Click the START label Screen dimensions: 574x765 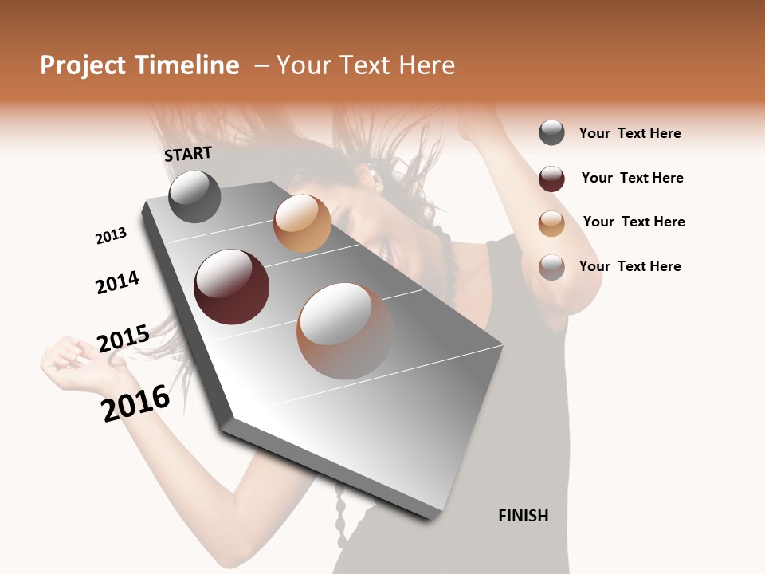tap(188, 154)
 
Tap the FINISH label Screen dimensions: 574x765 tap(523, 516)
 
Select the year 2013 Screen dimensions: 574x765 tap(111, 236)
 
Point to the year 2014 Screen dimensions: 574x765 tap(117, 283)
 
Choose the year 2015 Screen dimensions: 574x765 tap(123, 339)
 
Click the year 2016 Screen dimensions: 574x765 tap(135, 403)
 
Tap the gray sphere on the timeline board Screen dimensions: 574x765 tap(194, 196)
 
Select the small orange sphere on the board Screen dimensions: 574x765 tap(302, 223)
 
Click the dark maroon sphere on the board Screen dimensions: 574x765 tap(231, 287)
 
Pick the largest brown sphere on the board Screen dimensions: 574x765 tap(345, 331)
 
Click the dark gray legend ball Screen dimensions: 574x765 tap(551, 132)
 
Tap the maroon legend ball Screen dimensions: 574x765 tap(551, 179)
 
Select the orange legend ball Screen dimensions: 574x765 tap(551, 223)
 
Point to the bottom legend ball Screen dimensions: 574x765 tap(551, 267)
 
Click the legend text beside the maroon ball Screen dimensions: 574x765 tap(632, 178)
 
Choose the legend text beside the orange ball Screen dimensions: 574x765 tap(634, 222)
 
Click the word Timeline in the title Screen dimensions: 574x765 tap(185, 65)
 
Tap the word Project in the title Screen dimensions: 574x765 tap(82, 65)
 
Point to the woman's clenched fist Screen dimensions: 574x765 tap(68, 356)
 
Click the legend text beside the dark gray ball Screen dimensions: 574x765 tap(630, 133)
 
